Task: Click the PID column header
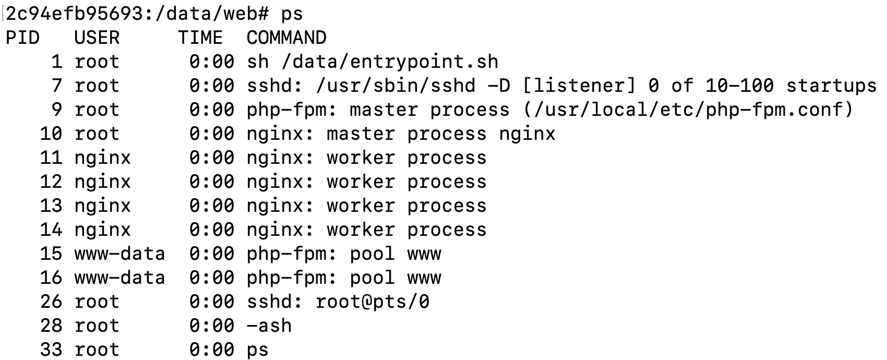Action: (22, 38)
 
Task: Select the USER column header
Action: (97, 38)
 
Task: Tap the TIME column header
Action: (200, 38)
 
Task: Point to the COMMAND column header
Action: (286, 38)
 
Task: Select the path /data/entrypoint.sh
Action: (390, 62)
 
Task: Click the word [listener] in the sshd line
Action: (579, 86)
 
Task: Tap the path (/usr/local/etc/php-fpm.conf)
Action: (688, 110)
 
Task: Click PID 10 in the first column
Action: (51, 134)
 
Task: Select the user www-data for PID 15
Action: (119, 254)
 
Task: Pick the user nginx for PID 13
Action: (103, 206)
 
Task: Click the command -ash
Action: (269, 326)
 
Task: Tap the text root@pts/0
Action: (373, 302)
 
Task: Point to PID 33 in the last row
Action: (51, 350)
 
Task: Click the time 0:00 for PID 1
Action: (212, 62)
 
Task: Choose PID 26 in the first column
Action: (51, 302)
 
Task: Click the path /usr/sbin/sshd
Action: (395, 86)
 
